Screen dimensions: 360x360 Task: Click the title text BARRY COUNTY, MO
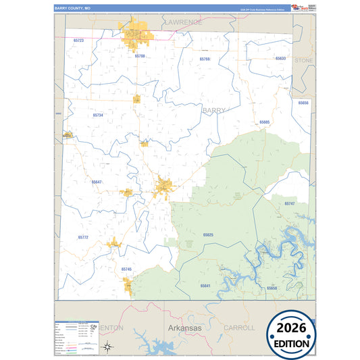click(72, 8)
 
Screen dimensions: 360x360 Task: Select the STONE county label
click(304, 60)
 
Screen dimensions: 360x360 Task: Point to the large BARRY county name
click(214, 109)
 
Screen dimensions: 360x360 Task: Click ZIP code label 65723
click(78, 41)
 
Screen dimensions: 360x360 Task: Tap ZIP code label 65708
click(140, 56)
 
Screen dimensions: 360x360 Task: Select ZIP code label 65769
click(205, 59)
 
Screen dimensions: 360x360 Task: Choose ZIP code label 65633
click(280, 58)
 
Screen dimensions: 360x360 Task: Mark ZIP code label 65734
click(98, 115)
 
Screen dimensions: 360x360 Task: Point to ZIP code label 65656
click(303, 103)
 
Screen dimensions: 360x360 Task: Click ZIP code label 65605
click(264, 122)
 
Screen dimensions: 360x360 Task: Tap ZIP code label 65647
click(97, 182)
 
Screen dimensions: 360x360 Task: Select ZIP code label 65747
click(289, 203)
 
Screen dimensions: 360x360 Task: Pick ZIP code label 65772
click(83, 237)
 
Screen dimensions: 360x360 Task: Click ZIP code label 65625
click(208, 234)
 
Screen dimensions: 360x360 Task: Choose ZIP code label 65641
click(205, 286)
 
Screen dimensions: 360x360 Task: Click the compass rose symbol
click(107, 347)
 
